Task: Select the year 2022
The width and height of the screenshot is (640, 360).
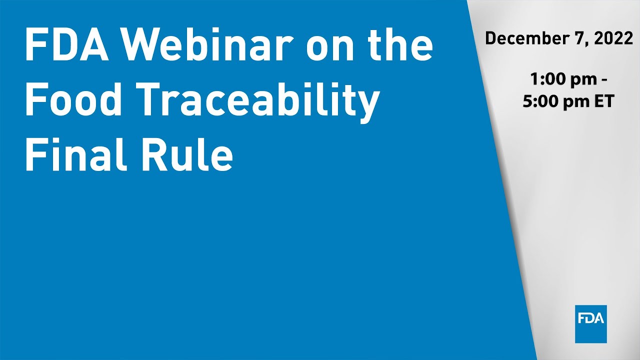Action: tap(614, 38)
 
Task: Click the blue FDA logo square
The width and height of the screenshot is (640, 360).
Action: tap(590, 323)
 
